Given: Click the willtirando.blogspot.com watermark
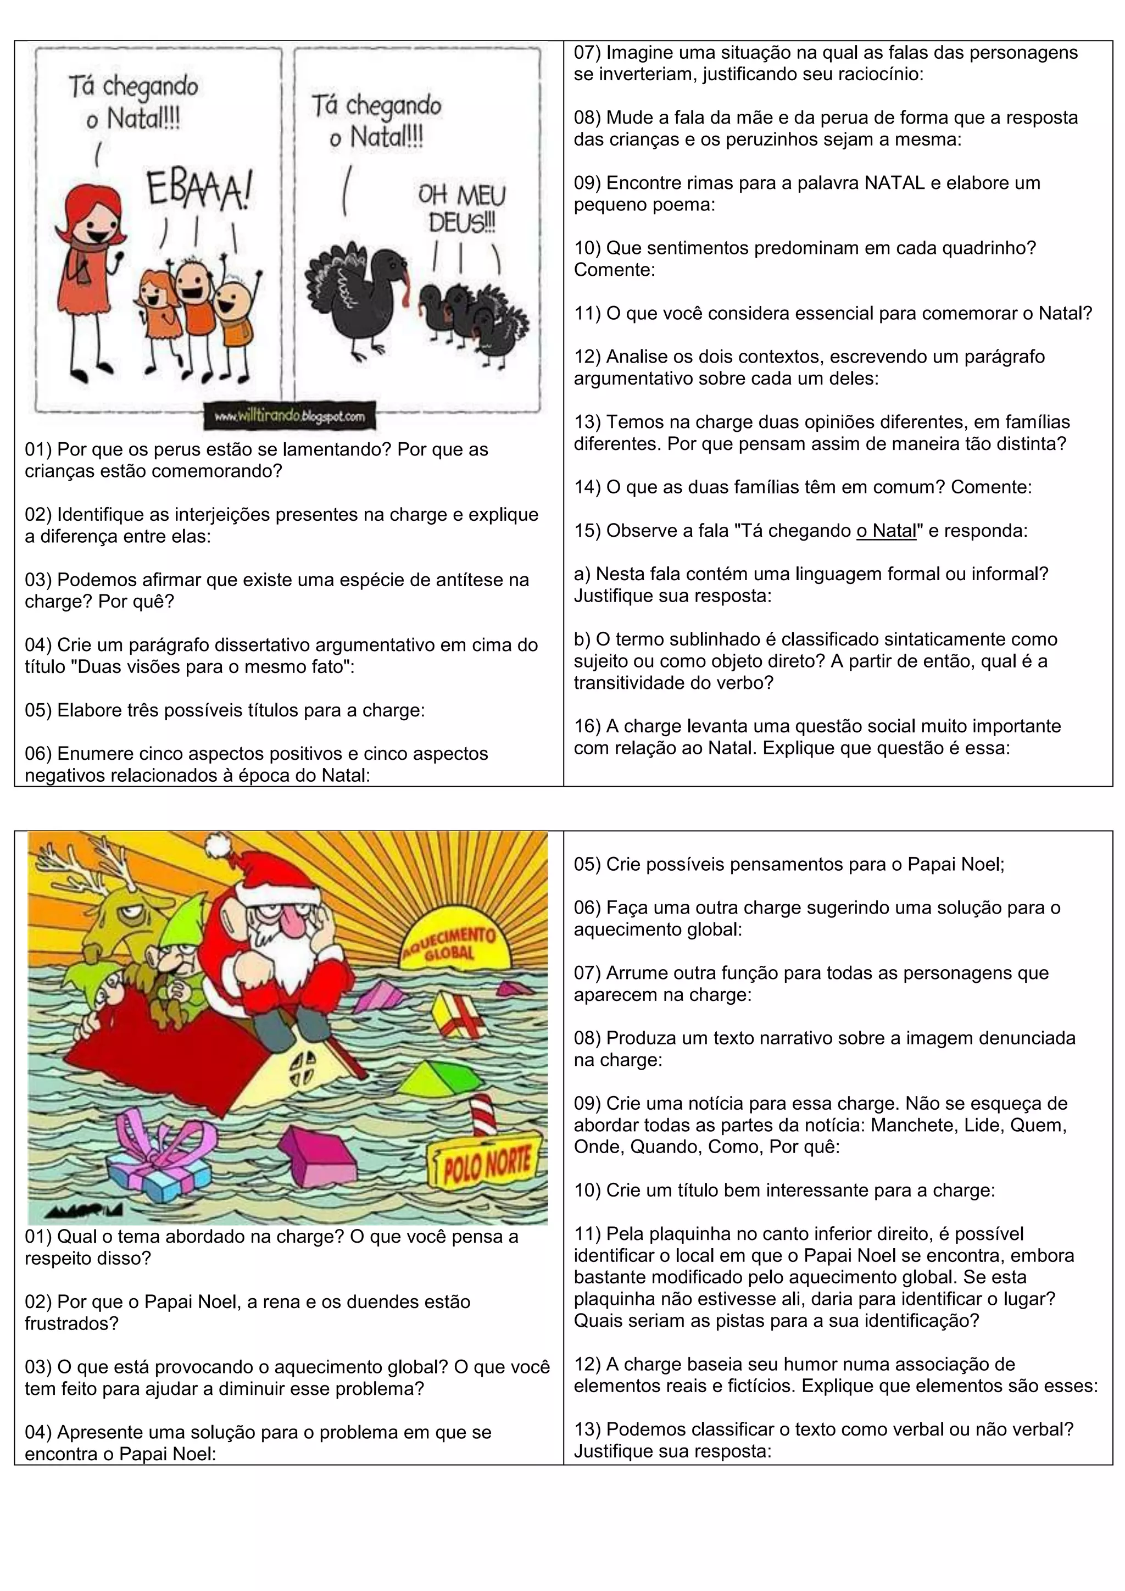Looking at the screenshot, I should (289, 416).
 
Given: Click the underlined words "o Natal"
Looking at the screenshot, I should (886, 531).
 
